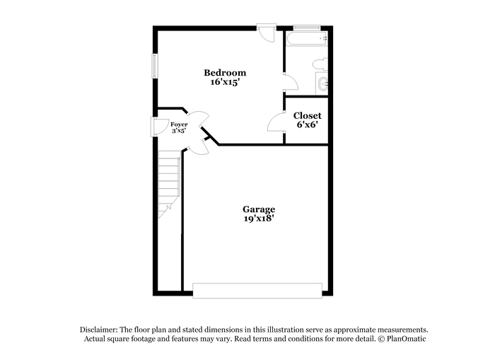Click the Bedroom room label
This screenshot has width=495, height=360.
225,73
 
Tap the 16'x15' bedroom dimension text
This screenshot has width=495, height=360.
225,82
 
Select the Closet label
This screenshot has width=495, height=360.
307,115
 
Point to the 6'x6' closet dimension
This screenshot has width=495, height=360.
307,124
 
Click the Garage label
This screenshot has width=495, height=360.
259,209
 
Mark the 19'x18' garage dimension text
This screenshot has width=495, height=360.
259,219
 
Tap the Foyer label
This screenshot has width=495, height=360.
179,124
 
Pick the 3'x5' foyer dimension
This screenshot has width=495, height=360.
179,130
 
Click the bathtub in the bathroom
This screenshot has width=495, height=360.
307,39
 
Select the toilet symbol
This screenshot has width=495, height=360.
320,64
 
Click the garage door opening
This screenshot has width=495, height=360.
257,291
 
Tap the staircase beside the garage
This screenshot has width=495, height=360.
169,184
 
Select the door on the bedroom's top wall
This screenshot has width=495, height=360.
267,33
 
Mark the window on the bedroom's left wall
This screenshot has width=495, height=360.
154,66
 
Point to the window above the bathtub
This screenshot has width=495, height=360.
307,28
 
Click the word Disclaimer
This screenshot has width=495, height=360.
98,330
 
